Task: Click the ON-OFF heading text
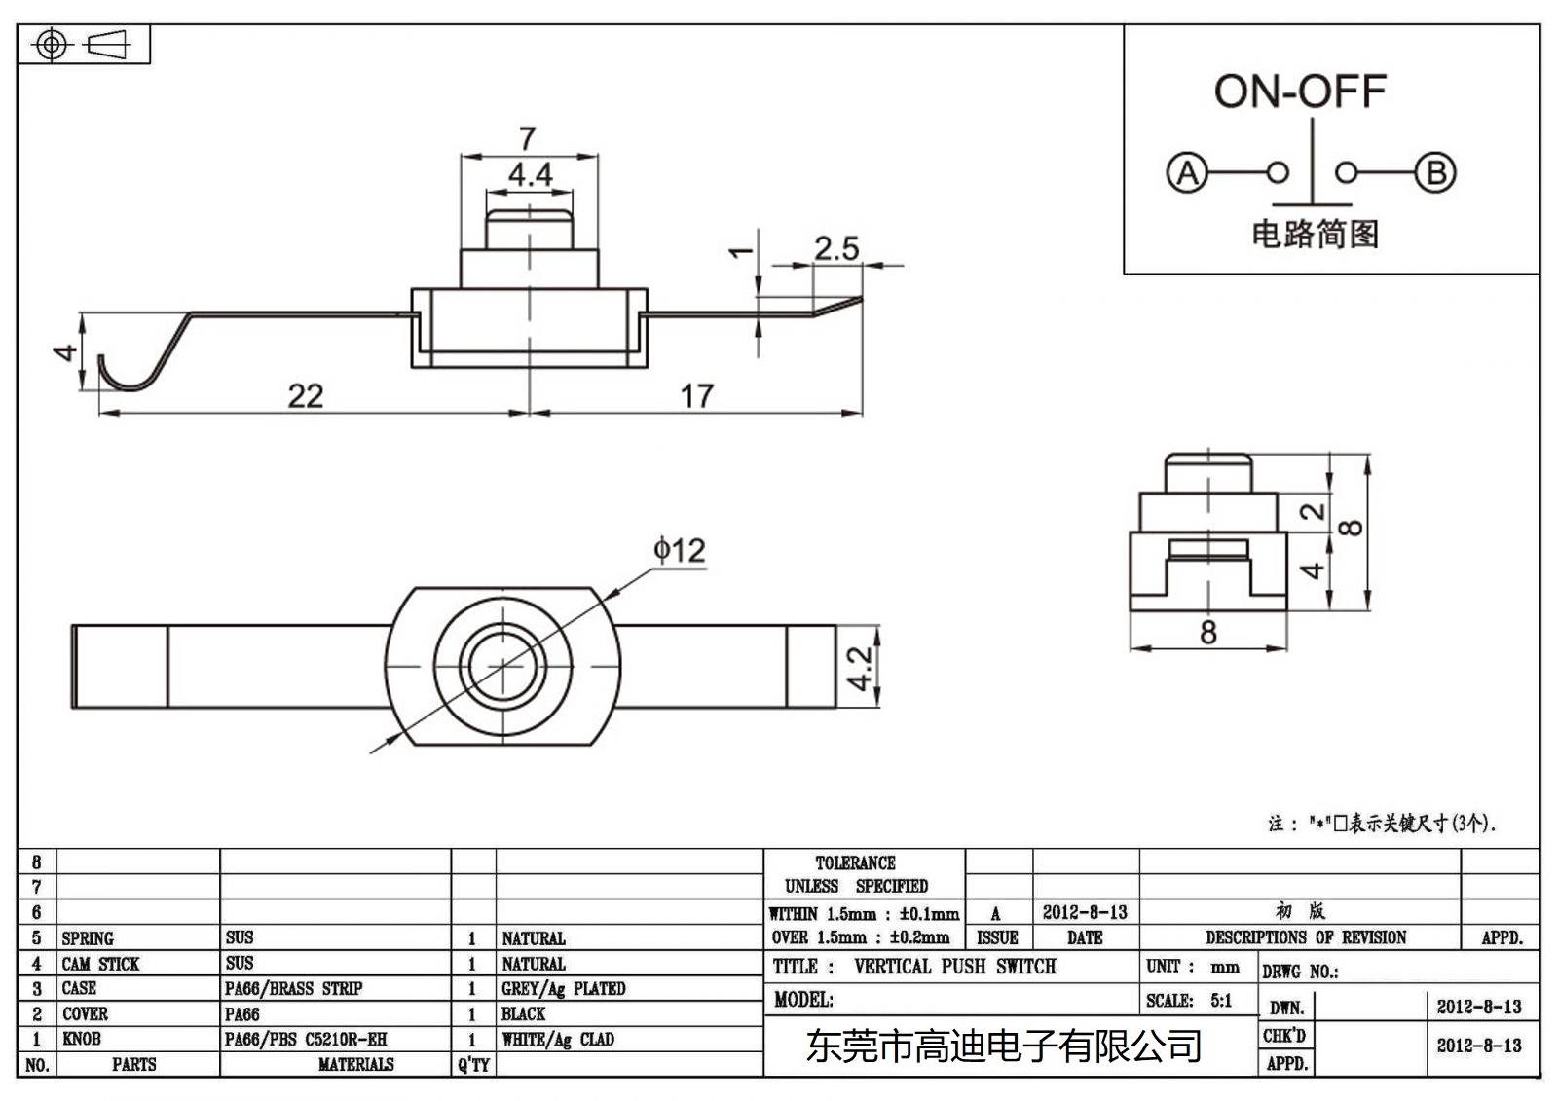pyautogui.click(x=1299, y=92)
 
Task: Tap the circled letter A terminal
pyautogui.click(x=1186, y=173)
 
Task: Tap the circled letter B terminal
pyautogui.click(x=1435, y=173)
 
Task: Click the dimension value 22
pyautogui.click(x=305, y=395)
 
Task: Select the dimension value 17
pyautogui.click(x=696, y=395)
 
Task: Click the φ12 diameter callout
pyautogui.click(x=680, y=551)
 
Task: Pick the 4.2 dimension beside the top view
pyautogui.click(x=859, y=668)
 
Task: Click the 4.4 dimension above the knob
pyautogui.click(x=530, y=175)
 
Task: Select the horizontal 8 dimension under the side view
pyautogui.click(x=1207, y=633)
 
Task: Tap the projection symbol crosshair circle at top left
pyautogui.click(x=52, y=45)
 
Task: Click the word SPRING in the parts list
pyautogui.click(x=88, y=938)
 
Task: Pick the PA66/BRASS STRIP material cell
pyautogui.click(x=293, y=989)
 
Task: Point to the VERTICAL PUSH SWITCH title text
pyautogui.click(x=954, y=967)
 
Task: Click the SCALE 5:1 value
pyautogui.click(x=1220, y=1001)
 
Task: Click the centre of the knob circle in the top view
pyautogui.click(x=502, y=666)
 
